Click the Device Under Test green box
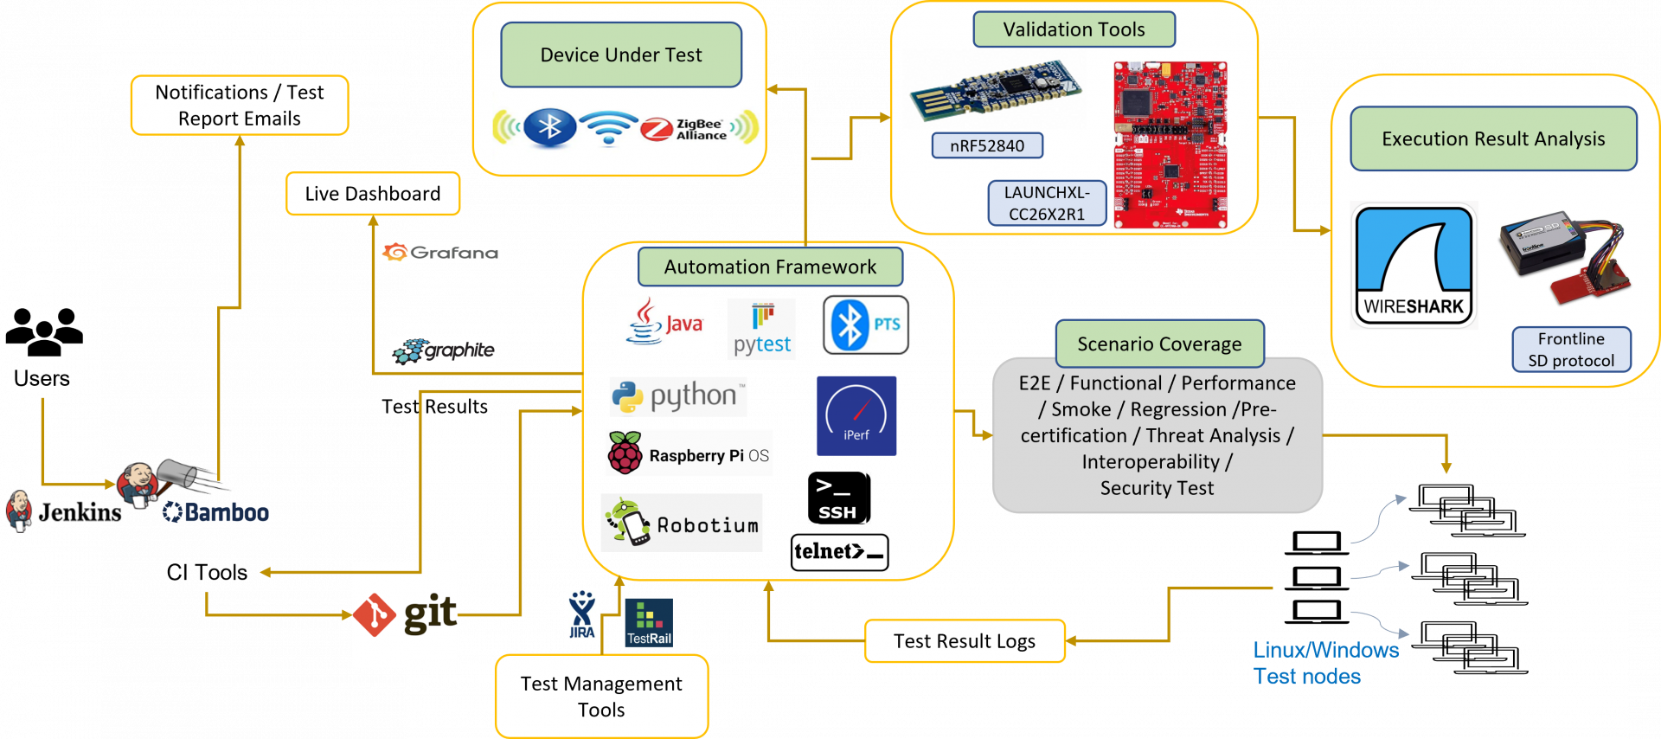(621, 55)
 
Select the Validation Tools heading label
(1074, 29)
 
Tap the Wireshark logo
(1414, 266)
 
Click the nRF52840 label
(986, 145)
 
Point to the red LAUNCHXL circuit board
(1170, 145)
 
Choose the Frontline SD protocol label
(1570, 350)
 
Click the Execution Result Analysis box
(1492, 138)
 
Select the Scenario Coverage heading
(1158, 344)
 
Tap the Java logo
(665, 323)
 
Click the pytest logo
(761, 330)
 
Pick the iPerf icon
(856, 415)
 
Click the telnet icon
(838, 552)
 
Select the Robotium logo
(682, 523)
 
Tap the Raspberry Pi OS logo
(689, 453)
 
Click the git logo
(405, 614)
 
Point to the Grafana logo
(440, 252)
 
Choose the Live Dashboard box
(373, 194)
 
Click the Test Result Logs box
(964, 641)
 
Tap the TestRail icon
(648, 622)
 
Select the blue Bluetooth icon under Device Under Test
(550, 127)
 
